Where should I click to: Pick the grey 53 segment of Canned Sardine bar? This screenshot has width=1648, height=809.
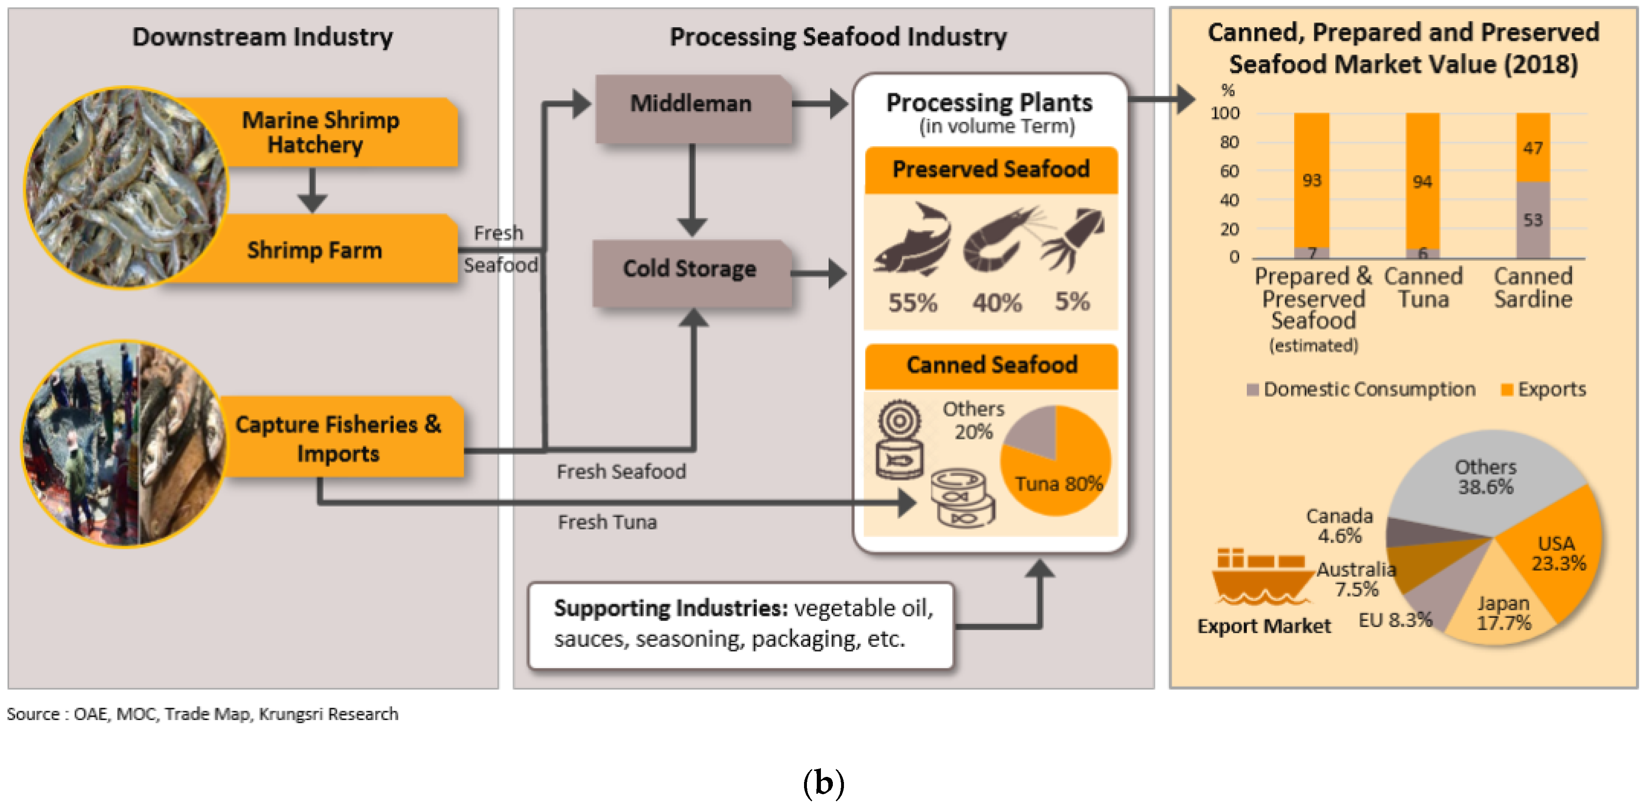pos(1533,219)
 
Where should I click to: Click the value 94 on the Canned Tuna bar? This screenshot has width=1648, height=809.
pos(1422,182)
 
